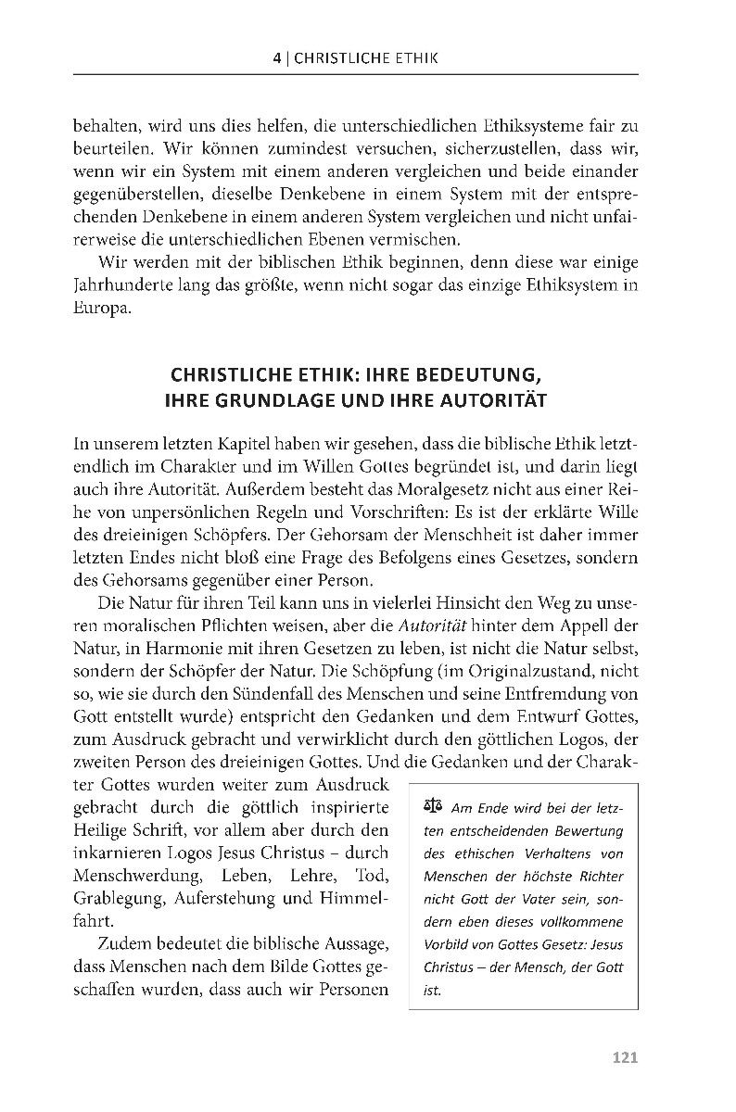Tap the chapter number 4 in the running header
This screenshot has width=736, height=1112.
click(277, 57)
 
